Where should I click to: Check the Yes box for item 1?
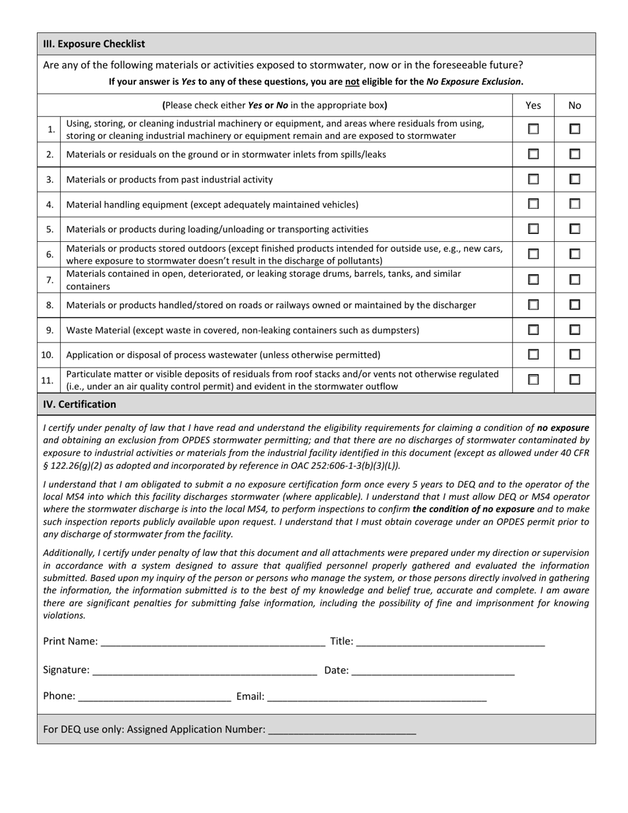(533, 130)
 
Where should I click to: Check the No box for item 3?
(574, 179)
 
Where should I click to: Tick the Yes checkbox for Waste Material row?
(533, 330)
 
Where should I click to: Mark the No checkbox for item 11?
(574, 380)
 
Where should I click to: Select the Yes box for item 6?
(533, 254)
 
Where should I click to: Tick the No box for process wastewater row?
(574, 355)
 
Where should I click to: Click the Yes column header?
(533, 105)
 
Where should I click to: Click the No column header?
(574, 105)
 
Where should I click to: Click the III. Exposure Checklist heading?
(94, 44)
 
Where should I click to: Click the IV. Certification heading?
(79, 405)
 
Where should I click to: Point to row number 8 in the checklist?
(50, 305)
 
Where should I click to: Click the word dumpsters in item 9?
(395, 330)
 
